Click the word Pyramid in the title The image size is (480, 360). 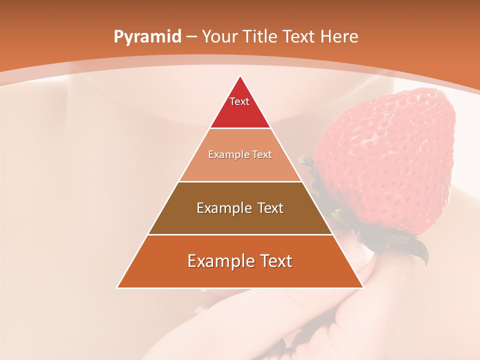147,37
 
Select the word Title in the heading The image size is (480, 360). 259,36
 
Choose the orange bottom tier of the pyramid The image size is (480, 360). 240,272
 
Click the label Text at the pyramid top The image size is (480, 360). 239,101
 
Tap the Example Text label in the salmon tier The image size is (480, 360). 240,154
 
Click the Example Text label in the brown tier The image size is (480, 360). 240,208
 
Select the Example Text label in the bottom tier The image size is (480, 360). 240,261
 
